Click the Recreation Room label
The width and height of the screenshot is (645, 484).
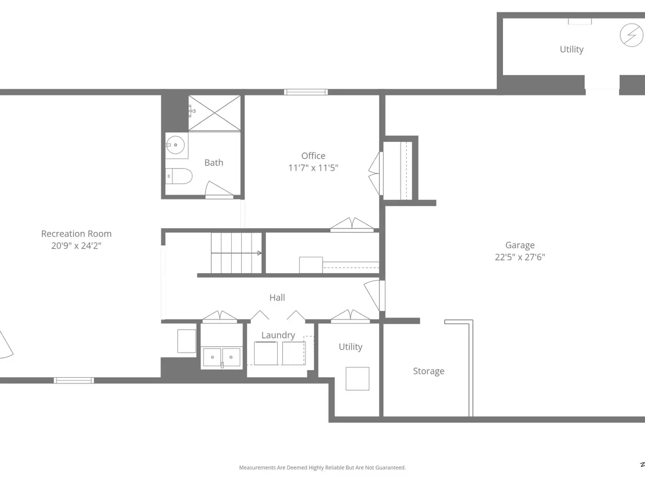(77, 233)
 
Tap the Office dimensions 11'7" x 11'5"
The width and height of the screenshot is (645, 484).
(313, 168)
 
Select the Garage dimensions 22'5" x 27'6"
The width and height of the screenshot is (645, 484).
(520, 257)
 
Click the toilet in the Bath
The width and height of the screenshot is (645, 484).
(179, 176)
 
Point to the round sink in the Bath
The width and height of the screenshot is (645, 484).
(175, 145)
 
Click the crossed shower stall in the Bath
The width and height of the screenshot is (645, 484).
(215, 113)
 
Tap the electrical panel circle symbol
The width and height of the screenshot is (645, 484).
(631, 35)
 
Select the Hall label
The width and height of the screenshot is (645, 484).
(277, 297)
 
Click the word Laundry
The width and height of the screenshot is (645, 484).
(278, 335)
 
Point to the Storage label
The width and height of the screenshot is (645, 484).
(428, 371)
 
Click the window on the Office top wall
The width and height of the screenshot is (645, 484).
(306, 92)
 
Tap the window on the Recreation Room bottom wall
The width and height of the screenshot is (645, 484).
(74, 381)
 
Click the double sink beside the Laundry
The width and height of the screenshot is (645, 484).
(222, 357)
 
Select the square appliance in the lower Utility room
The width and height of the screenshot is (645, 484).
(357, 379)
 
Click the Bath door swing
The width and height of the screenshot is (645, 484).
(219, 190)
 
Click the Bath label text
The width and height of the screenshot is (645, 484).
(214, 163)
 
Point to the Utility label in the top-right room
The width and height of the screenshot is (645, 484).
(571, 49)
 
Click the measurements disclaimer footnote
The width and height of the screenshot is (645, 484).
(322, 467)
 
